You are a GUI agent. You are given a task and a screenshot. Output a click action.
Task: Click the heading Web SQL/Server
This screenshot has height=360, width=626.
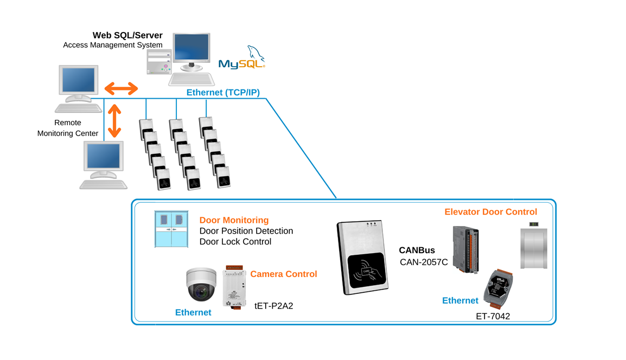(x=127, y=35)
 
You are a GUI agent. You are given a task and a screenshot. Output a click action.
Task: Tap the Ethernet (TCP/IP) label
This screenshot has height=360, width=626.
(x=223, y=93)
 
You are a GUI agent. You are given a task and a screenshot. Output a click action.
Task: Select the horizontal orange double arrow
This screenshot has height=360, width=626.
(x=121, y=88)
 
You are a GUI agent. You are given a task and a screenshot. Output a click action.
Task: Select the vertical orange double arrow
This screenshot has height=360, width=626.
(x=114, y=121)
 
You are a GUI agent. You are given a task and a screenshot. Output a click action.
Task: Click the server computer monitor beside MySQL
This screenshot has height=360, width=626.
(x=191, y=52)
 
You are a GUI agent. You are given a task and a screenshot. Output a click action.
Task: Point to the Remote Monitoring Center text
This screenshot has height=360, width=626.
(x=68, y=128)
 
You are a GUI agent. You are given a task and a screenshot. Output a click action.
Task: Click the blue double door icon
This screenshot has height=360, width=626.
(x=171, y=229)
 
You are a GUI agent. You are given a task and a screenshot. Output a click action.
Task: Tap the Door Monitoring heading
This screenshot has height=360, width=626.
(x=234, y=220)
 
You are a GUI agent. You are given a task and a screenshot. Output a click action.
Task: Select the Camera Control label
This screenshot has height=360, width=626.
(x=283, y=274)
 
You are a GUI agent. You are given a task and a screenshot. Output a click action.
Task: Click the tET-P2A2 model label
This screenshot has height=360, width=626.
(x=274, y=306)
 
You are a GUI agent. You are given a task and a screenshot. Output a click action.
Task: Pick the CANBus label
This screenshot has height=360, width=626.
(x=417, y=250)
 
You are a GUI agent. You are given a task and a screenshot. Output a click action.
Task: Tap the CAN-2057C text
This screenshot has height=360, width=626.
(x=424, y=262)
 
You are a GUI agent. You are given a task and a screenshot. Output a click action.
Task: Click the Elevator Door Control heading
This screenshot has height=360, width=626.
(x=490, y=212)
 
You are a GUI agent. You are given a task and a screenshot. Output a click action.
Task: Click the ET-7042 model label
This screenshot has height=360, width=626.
(x=493, y=316)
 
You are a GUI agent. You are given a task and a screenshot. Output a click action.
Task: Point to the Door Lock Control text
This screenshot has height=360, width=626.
(x=235, y=242)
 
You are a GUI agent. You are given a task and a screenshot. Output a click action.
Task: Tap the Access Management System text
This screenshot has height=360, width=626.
(x=112, y=45)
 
